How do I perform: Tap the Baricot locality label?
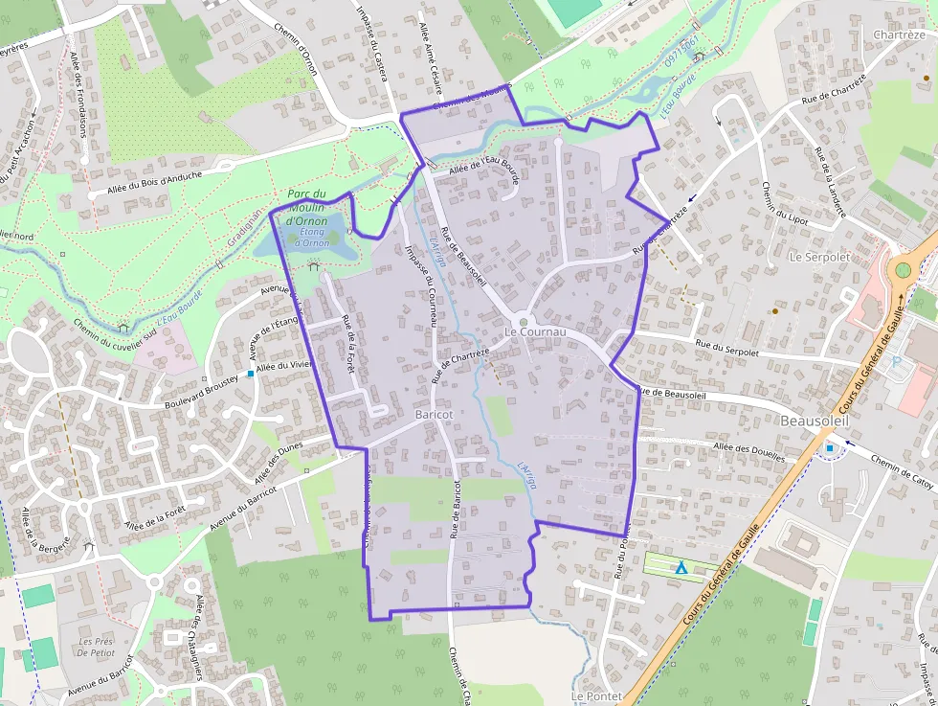[435, 414]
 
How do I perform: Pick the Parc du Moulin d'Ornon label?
[307, 207]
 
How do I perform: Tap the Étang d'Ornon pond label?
[310, 237]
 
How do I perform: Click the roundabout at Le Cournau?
[523, 322]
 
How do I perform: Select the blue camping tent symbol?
[681, 568]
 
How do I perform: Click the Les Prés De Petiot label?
[97, 647]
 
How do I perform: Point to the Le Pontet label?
[596, 695]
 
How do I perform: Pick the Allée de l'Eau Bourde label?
[483, 166]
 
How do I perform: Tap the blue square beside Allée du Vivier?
[251, 374]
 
